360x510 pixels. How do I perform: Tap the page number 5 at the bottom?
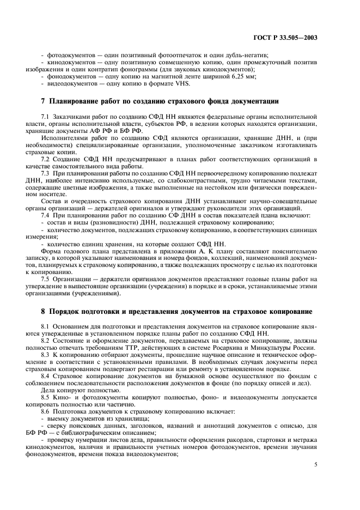[x=316, y=464]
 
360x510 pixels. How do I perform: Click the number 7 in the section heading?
[x=44, y=101]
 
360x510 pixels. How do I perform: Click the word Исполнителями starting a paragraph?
[x=63, y=138]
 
